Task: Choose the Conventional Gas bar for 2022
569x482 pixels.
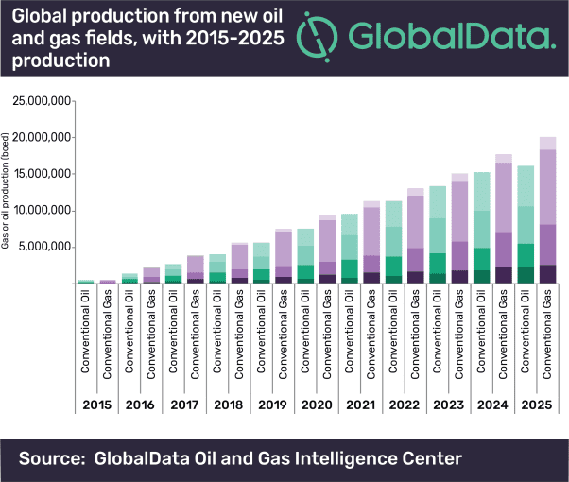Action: coord(417,235)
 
